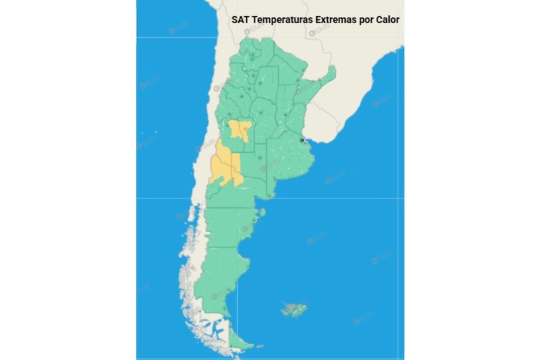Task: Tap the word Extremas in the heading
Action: (338, 19)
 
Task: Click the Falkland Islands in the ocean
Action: (292, 309)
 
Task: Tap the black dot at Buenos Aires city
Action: (302, 141)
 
